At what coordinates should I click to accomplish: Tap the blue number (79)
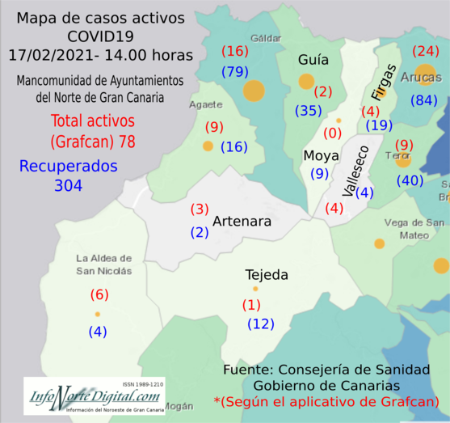point(236,73)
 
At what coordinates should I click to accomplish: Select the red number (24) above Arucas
point(425,51)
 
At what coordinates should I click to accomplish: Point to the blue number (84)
point(424,100)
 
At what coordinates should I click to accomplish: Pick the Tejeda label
point(267,275)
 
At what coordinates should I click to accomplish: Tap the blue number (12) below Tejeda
point(260,324)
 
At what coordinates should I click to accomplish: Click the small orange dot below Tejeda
point(255,289)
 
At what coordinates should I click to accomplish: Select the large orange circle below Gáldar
point(254,90)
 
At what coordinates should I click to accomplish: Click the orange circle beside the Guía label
point(306,81)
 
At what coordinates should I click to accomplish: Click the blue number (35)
point(309,110)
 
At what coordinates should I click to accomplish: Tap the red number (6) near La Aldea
point(99,294)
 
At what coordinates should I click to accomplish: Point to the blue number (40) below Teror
point(410,180)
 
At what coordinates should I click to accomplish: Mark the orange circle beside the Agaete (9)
point(208,146)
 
